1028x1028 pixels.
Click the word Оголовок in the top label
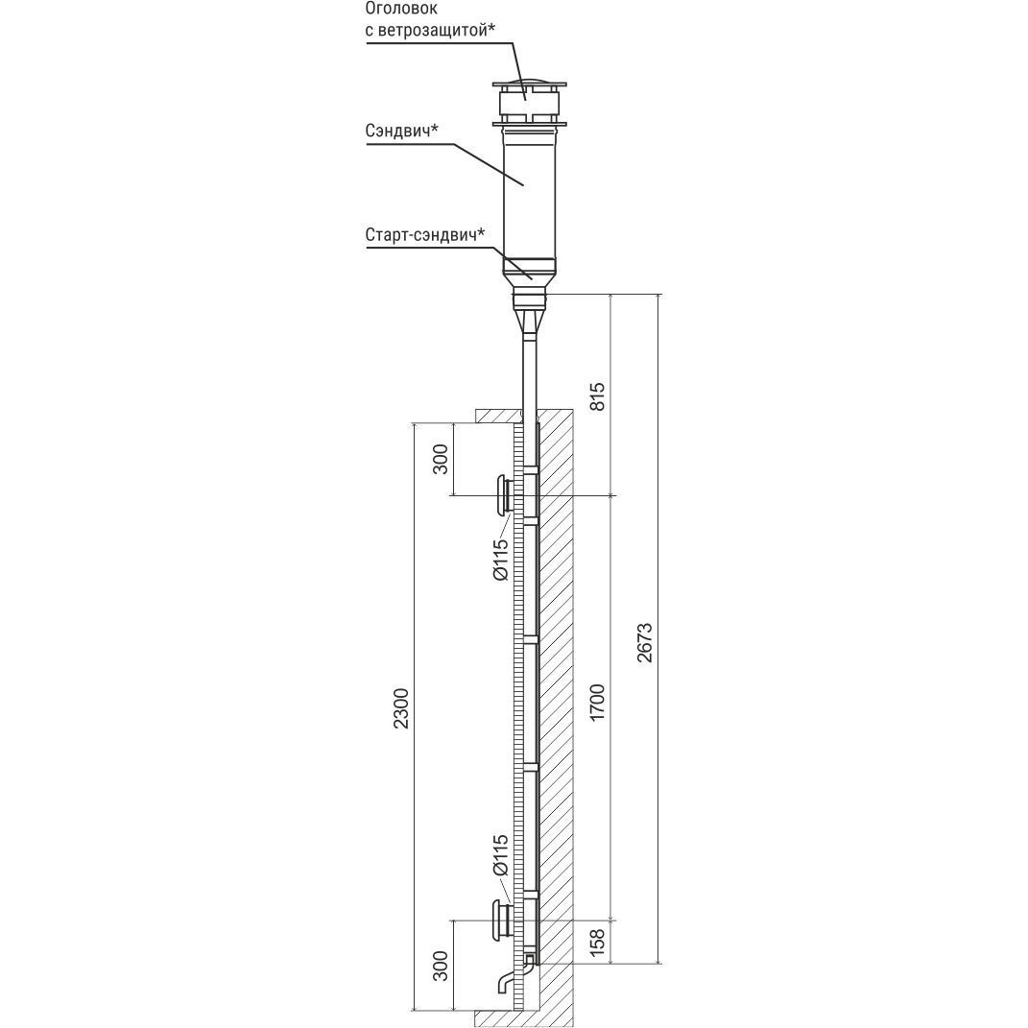coord(400,10)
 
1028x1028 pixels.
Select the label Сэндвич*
coord(401,131)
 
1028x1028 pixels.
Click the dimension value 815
coord(598,396)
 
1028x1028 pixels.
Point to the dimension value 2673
coord(645,642)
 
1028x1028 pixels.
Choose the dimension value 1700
coord(598,703)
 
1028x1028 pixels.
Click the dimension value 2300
coord(401,708)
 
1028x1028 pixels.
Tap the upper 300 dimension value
coord(442,459)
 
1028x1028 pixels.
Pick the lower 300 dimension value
coord(442,966)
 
